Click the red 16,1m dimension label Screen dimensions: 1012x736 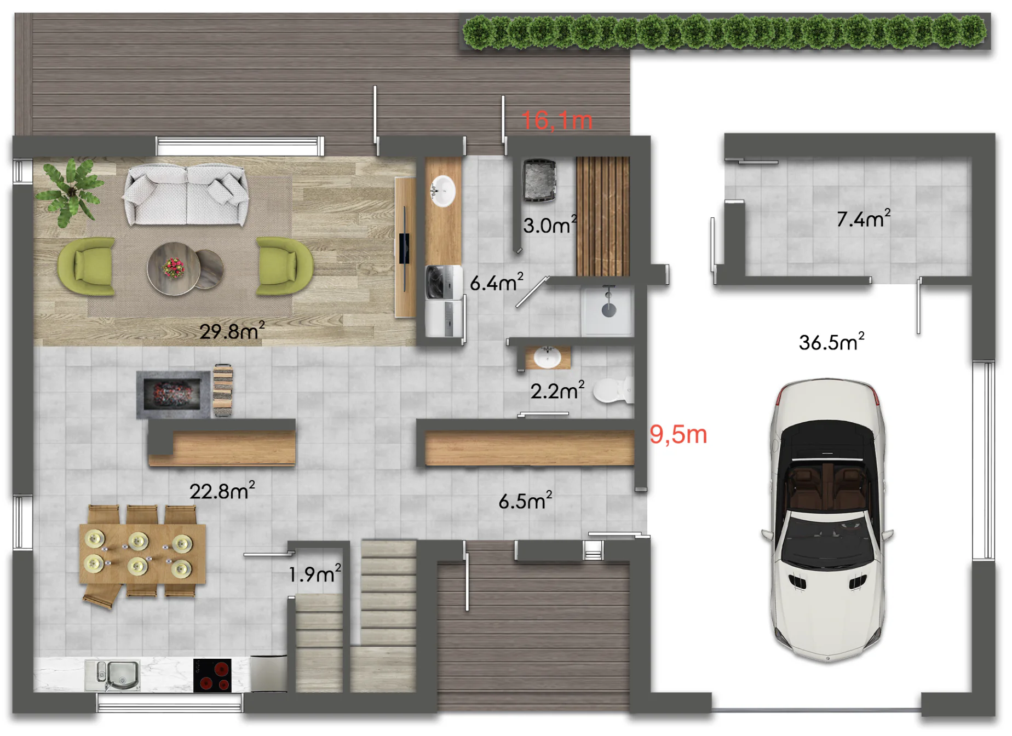tap(557, 120)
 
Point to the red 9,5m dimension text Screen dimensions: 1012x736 tap(678, 434)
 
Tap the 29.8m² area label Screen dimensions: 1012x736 tap(232, 330)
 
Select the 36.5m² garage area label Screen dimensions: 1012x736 tap(831, 342)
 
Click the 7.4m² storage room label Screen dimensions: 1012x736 tap(863, 218)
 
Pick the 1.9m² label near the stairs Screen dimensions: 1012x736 tap(315, 573)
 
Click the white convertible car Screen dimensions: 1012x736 tap(827, 519)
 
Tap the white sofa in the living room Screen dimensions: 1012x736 tap(186, 195)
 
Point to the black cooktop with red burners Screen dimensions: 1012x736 tap(212, 675)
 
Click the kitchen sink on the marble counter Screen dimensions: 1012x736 tap(113, 676)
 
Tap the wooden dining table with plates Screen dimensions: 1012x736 tap(142, 554)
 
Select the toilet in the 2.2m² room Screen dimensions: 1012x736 tap(613, 390)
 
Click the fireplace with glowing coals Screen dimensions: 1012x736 tap(174, 394)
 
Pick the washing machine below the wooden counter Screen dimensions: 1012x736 tap(444, 283)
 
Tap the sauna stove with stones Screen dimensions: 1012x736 tap(539, 181)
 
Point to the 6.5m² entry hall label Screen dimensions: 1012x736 tap(525, 501)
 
